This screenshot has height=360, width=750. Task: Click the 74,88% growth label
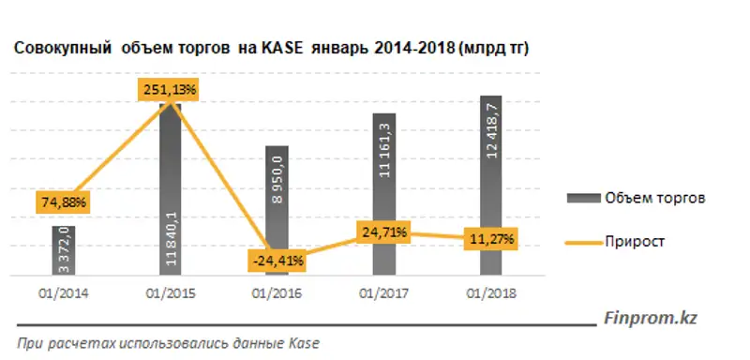click(63, 202)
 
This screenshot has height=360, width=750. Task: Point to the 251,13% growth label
click(171, 89)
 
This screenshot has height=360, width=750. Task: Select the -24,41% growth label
click(277, 259)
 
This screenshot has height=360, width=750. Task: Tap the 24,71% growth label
click(383, 230)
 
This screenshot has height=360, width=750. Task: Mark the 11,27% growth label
click(491, 240)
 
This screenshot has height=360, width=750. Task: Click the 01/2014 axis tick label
click(63, 293)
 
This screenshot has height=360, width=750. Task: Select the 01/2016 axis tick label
click(277, 293)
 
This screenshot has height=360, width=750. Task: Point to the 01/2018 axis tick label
click(491, 293)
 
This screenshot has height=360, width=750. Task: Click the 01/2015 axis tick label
click(171, 293)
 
